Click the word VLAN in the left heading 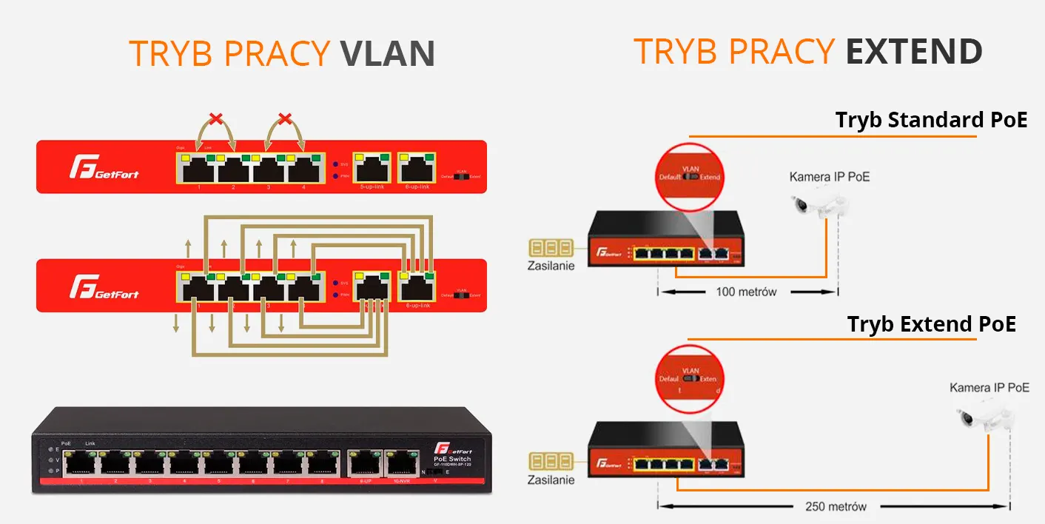(386, 53)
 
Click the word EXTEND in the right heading (914, 51)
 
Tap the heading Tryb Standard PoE (931, 120)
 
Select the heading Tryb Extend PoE (931, 324)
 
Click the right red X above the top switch (284, 118)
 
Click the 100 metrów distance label (747, 292)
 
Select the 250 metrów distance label (836, 507)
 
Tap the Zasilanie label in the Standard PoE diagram (551, 266)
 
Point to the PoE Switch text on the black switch (451, 459)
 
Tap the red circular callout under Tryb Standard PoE (689, 176)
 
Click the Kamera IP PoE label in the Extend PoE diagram (989, 387)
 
